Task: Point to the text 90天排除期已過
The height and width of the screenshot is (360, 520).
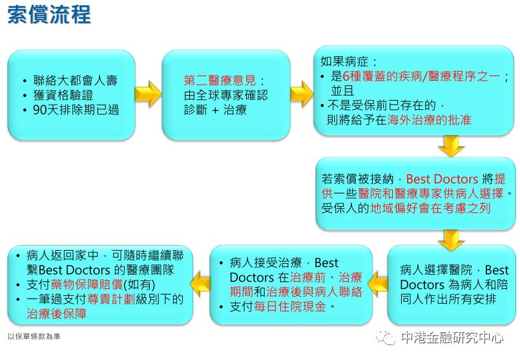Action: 76,110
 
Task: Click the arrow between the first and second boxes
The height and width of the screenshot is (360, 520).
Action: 147,94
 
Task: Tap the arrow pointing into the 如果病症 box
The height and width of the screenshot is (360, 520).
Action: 301,94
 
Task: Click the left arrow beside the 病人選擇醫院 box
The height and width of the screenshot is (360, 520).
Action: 379,283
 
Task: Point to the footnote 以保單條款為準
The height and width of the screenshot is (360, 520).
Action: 34,336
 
